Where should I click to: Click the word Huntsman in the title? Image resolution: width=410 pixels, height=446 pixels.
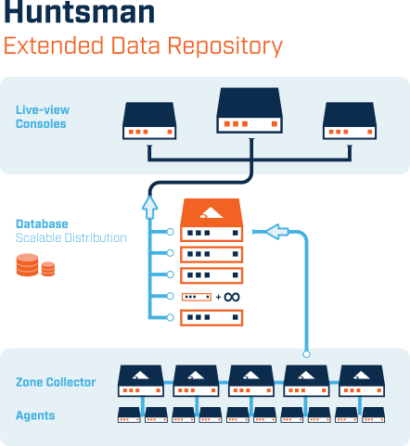[79, 12]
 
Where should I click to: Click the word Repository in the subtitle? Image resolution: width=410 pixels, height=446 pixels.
[225, 46]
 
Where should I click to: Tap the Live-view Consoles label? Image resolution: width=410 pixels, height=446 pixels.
[43, 117]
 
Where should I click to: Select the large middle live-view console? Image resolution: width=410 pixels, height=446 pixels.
[250, 110]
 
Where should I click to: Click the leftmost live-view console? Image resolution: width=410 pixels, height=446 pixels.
[149, 121]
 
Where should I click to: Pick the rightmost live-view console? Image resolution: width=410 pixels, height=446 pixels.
[350, 121]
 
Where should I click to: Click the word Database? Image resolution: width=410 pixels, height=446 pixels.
[42, 224]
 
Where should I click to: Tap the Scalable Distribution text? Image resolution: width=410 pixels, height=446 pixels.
[71, 238]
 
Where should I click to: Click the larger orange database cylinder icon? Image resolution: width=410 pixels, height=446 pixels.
[28, 264]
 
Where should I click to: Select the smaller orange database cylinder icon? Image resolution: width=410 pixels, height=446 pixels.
[48, 269]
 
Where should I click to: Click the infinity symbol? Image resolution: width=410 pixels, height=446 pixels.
[232, 297]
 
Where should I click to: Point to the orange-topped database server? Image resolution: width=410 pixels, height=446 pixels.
[211, 220]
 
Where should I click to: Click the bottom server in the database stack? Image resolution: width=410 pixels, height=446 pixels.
[211, 318]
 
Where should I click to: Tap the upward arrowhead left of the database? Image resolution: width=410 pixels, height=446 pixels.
[150, 208]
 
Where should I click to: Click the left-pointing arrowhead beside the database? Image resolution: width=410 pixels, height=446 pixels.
[277, 232]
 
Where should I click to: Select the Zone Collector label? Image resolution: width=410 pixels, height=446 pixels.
[56, 382]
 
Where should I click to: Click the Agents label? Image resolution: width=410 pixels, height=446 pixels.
[35, 415]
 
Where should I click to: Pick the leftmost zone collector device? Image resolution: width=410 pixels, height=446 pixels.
[141, 381]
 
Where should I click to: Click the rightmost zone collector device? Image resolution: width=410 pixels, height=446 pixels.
[362, 381]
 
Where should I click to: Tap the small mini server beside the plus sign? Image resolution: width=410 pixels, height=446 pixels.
[197, 297]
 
